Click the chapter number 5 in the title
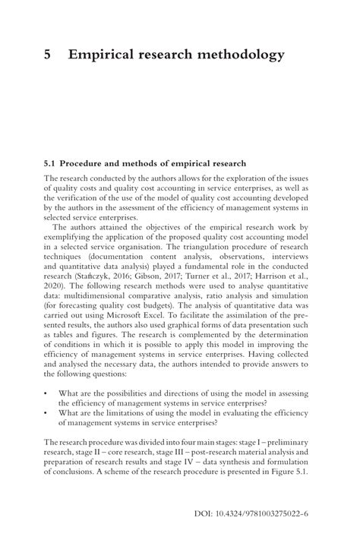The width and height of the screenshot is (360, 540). (48, 55)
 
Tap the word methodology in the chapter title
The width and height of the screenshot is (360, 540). (237, 55)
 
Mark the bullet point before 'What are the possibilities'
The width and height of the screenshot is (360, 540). (47, 414)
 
